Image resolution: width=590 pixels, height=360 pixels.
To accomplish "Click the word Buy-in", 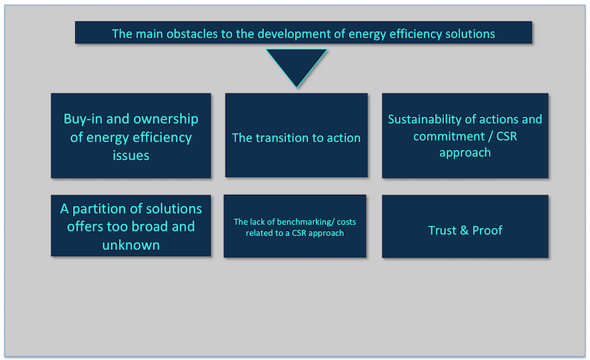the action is tap(83, 120).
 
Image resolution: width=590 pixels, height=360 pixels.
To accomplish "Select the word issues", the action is tap(131, 155).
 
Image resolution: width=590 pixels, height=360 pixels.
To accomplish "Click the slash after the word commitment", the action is tap(490, 136).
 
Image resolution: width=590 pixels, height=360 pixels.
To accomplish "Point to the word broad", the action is tap(150, 226).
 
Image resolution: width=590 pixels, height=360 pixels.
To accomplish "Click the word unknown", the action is tap(131, 245).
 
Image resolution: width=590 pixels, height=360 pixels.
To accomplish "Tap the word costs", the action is tap(346, 222).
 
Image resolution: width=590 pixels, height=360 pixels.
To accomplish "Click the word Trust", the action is tap(442, 230).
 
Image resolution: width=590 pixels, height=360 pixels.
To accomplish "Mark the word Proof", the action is tap(487, 230).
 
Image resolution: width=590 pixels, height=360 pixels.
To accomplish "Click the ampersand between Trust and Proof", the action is tap(465, 230).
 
